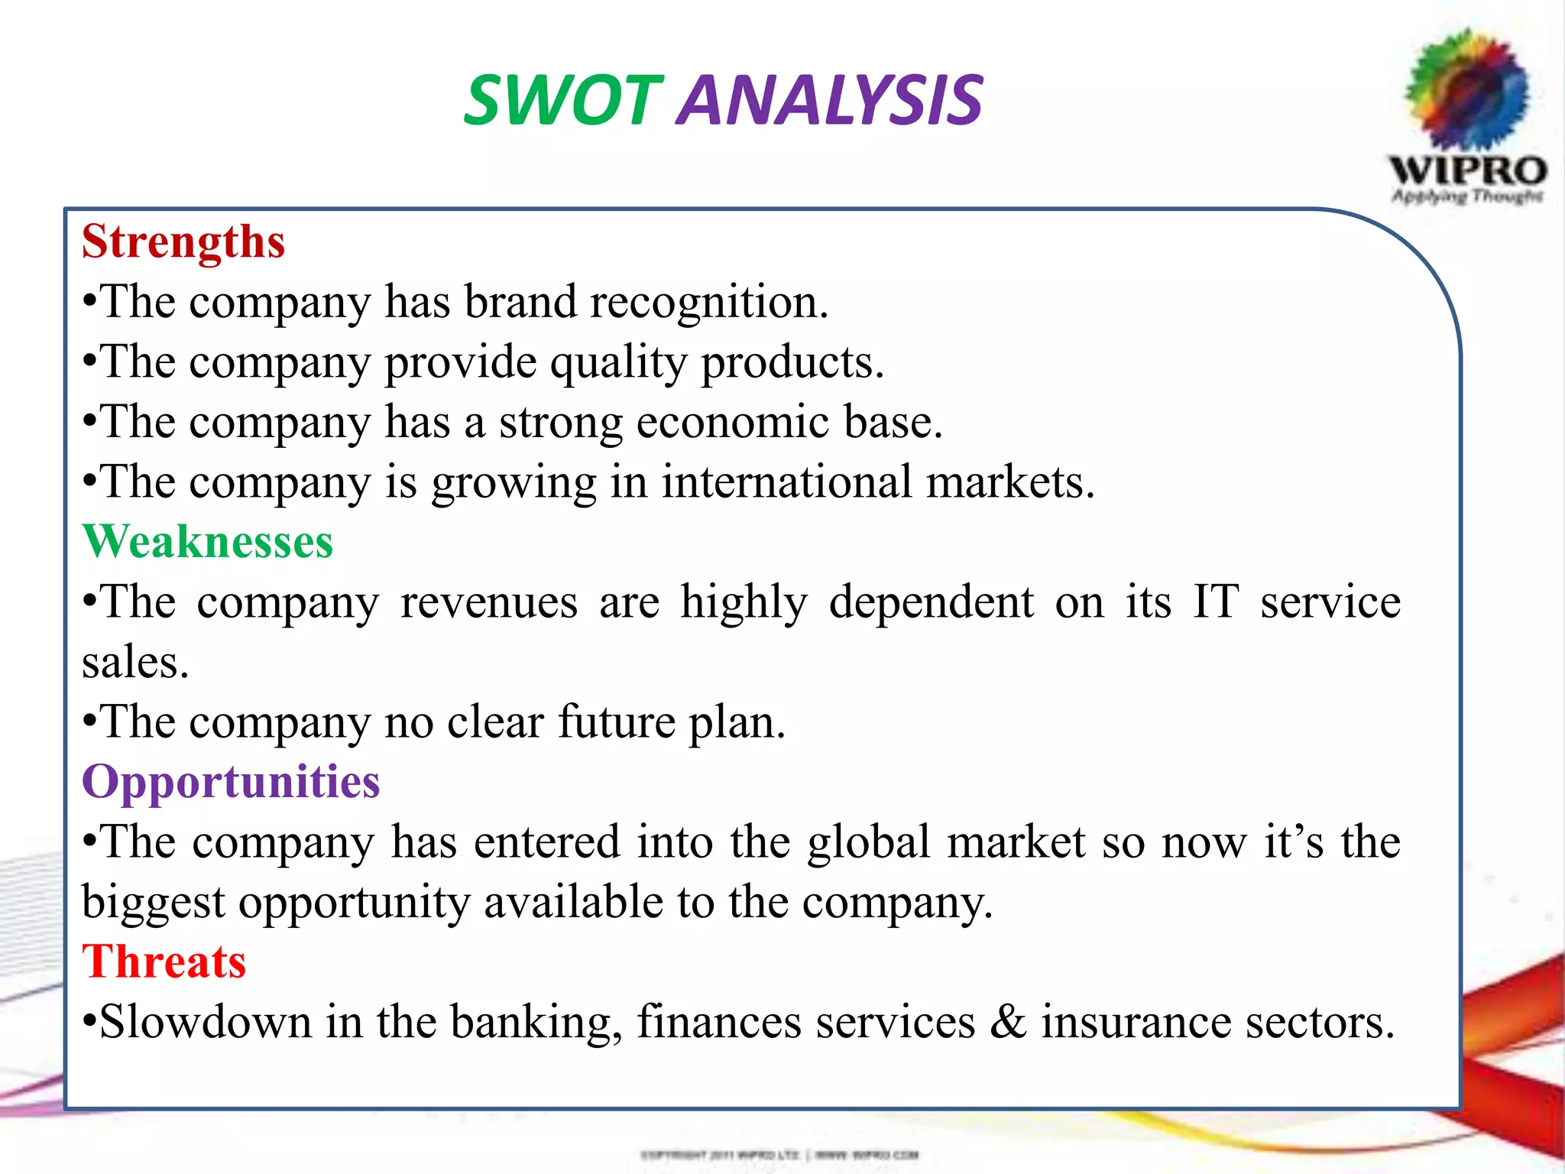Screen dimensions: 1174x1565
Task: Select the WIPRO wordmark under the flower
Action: click(1468, 170)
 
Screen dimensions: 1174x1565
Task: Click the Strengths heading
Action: click(183, 242)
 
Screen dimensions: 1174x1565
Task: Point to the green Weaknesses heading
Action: click(208, 542)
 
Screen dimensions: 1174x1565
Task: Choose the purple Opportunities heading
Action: click(231, 782)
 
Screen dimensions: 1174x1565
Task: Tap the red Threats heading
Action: click(164, 962)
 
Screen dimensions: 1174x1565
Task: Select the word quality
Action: click(618, 362)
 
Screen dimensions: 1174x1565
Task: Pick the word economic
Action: click(732, 422)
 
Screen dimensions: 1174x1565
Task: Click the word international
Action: click(786, 482)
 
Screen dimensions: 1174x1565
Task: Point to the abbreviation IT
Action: click(1216, 602)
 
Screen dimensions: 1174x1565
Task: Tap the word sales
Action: click(134, 662)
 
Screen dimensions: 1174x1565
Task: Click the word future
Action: click(616, 722)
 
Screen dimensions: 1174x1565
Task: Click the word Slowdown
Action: click(206, 1022)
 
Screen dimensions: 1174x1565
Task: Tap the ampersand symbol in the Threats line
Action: click(1008, 1022)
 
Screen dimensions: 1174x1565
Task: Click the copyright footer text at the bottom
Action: click(779, 1154)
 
